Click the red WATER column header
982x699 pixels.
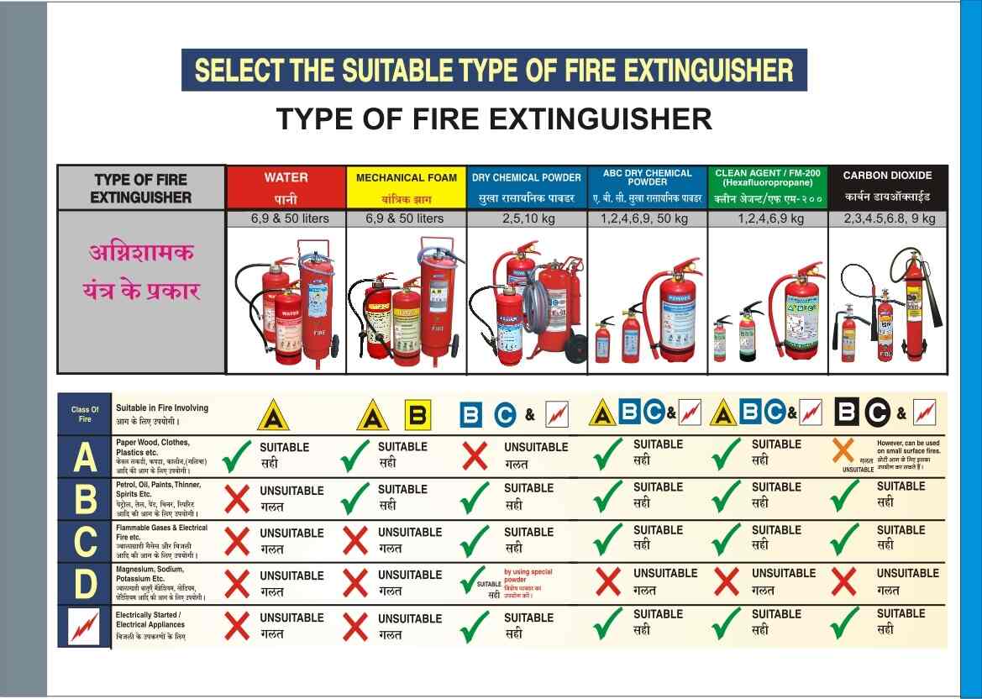click(x=286, y=187)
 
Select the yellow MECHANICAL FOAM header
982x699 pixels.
click(x=407, y=187)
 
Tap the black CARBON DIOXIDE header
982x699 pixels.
click(x=887, y=187)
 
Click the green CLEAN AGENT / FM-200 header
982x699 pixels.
click(x=768, y=187)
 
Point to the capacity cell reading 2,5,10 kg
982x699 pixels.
click(x=527, y=218)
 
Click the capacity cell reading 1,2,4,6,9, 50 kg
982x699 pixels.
click(x=647, y=218)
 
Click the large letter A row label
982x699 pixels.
click(x=85, y=457)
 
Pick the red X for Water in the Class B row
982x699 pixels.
click(x=238, y=498)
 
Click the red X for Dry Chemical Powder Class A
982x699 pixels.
click(x=475, y=455)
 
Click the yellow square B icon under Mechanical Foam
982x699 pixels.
click(x=417, y=414)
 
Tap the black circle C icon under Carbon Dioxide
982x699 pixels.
click(x=877, y=413)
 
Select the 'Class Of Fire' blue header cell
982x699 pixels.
click(x=85, y=413)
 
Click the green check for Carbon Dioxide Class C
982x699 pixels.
click(x=843, y=540)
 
